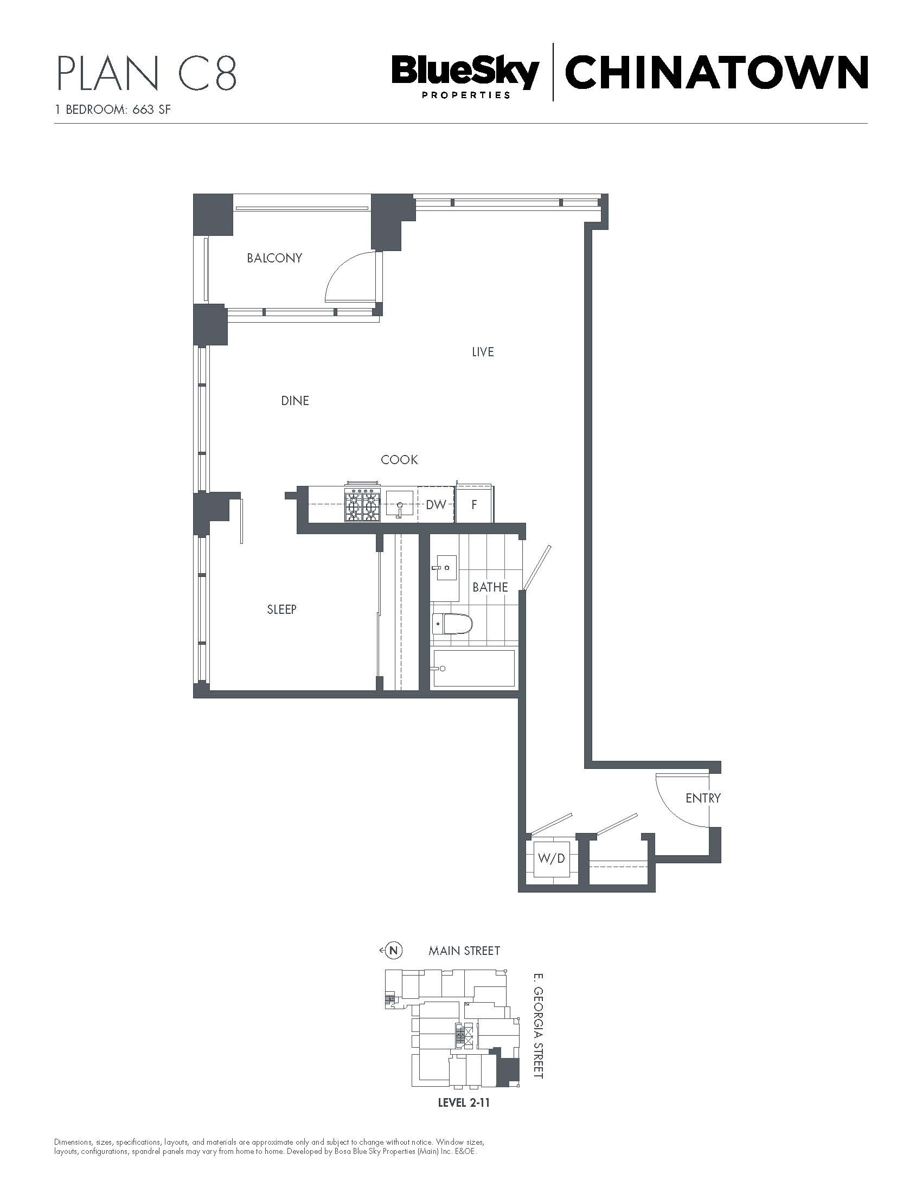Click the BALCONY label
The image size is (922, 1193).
(x=274, y=258)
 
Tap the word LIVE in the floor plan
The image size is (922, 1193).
(x=483, y=352)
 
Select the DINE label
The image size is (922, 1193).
(x=295, y=401)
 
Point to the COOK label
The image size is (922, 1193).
(x=399, y=460)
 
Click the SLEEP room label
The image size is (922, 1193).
(x=282, y=609)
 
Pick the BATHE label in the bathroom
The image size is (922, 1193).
(x=490, y=587)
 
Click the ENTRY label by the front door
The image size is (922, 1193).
(x=703, y=798)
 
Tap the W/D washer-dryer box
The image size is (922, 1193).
(x=552, y=858)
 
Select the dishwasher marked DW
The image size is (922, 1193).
(x=436, y=504)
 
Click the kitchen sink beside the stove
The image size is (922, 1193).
(x=399, y=503)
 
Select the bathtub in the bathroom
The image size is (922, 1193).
(x=473, y=669)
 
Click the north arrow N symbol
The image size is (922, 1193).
(x=394, y=951)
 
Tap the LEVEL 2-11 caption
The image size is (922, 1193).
(x=464, y=1103)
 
